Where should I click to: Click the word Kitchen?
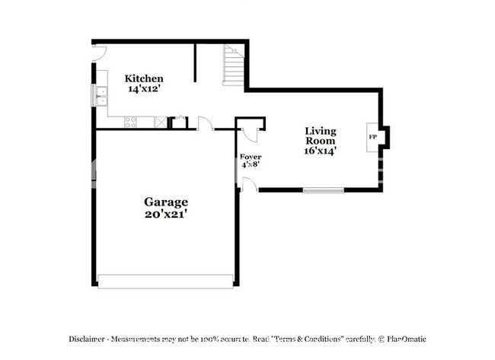(x=144, y=78)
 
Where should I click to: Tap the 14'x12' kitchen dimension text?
(x=144, y=88)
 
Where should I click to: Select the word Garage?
(x=166, y=202)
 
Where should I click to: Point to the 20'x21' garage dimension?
(x=166, y=214)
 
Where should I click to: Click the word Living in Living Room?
(x=321, y=130)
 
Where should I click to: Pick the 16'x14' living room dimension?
(x=320, y=151)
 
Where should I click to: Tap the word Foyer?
(x=251, y=157)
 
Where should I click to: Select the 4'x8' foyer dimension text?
(x=251, y=164)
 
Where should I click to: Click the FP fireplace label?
(x=373, y=137)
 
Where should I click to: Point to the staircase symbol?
(x=233, y=65)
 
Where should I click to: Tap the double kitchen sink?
(x=101, y=95)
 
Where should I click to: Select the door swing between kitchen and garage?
(x=205, y=123)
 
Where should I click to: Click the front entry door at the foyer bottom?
(x=248, y=183)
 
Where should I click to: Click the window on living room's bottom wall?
(x=323, y=190)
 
